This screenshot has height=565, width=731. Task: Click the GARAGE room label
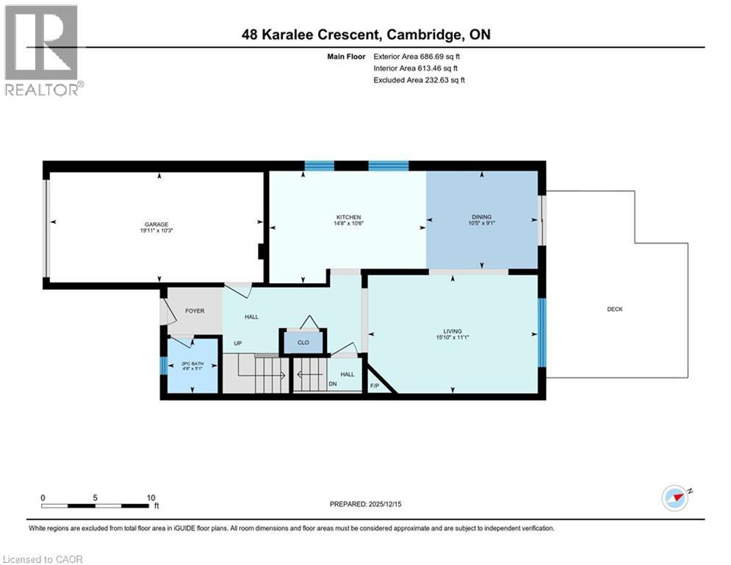156,224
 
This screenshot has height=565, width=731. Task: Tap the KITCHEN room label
348,217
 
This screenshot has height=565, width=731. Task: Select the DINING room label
482,217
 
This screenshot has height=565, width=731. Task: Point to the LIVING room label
452,331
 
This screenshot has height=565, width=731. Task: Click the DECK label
615,309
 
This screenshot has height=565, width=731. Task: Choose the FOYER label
195,311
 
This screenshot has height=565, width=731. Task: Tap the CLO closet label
303,343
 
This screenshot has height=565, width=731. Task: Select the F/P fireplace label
374,385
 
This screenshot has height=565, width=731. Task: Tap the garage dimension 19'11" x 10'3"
156,231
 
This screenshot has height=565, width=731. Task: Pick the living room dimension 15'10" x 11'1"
452,338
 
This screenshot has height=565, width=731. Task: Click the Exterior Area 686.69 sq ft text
419,56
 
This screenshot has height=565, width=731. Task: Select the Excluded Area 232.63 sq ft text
419,80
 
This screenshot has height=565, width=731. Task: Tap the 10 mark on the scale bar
151,497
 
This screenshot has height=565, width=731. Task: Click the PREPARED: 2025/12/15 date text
367,504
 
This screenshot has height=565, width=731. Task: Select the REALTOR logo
43,50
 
